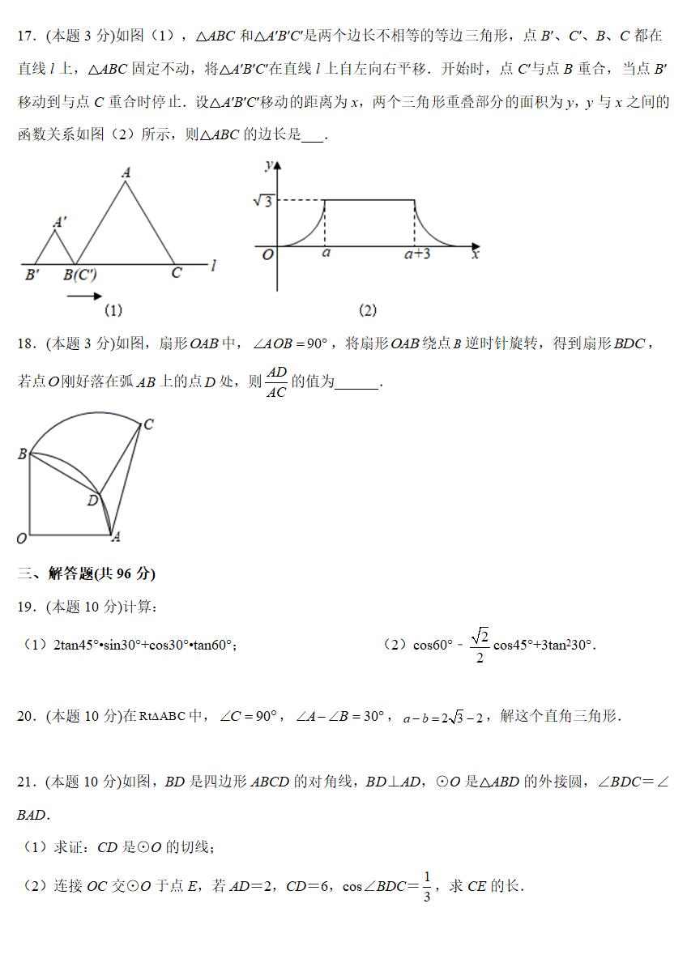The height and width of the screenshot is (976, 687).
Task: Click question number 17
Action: point(27,36)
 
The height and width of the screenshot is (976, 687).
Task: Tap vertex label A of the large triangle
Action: point(126,172)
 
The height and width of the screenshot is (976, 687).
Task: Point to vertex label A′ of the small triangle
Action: point(59,222)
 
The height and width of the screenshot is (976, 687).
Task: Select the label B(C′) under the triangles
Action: point(80,275)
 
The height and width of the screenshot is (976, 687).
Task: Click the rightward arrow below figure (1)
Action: point(84,297)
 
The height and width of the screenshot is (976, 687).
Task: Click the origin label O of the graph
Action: point(268,255)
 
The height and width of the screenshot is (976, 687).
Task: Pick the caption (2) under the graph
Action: point(367,310)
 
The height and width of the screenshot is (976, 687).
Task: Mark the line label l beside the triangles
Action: point(212,265)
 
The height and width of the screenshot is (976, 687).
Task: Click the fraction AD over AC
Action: point(277,381)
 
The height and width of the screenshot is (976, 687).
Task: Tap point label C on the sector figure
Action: point(148,424)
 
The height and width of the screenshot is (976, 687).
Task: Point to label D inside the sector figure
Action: point(92,501)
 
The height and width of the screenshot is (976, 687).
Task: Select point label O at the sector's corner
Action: point(22,538)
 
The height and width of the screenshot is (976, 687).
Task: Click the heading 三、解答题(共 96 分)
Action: point(87,573)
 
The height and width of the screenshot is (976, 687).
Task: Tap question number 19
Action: point(27,607)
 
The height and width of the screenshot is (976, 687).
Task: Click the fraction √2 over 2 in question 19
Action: point(480,645)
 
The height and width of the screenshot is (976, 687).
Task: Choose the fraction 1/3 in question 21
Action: point(426,887)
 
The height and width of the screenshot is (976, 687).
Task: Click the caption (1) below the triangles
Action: point(113,310)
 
